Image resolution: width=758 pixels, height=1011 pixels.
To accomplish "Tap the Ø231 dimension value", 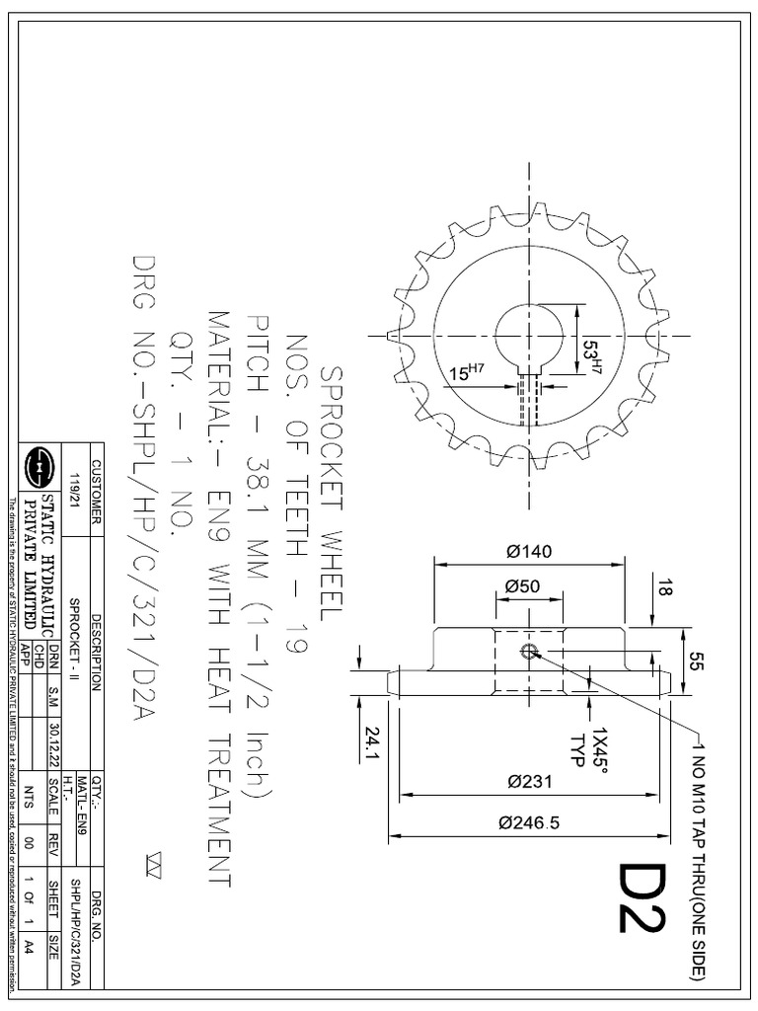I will click(530, 783).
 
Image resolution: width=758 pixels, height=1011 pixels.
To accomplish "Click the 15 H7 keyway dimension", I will click(466, 373).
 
